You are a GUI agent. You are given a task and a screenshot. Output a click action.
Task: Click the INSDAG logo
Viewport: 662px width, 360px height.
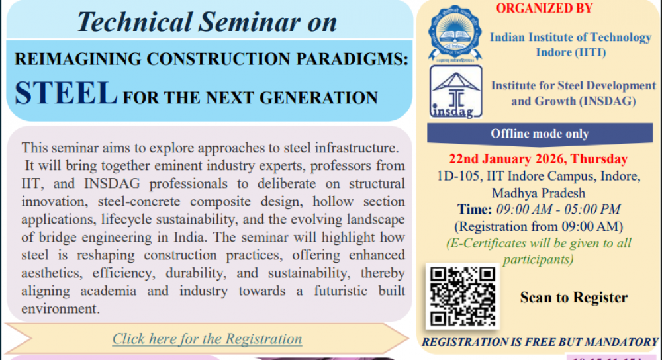(x=452, y=93)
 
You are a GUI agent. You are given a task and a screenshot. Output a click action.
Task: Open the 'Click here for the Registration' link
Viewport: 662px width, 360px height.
(x=207, y=339)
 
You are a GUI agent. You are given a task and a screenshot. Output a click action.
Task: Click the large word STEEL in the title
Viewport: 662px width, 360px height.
(x=66, y=94)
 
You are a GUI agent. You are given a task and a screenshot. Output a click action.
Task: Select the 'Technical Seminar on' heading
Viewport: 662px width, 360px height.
(x=207, y=22)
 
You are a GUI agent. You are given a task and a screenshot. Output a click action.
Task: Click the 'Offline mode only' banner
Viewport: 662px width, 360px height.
(x=540, y=134)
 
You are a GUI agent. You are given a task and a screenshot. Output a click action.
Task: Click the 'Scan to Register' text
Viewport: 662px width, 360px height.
(x=573, y=298)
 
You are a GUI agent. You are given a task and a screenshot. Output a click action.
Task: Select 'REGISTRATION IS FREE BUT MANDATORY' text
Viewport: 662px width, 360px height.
(x=540, y=342)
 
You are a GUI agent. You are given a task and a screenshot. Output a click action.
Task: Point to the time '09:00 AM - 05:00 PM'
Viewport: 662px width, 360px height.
(x=558, y=210)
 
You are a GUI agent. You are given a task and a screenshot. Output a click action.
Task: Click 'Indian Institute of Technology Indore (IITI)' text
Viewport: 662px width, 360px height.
(x=570, y=44)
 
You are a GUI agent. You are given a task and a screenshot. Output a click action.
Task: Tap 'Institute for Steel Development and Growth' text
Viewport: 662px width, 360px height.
(x=573, y=93)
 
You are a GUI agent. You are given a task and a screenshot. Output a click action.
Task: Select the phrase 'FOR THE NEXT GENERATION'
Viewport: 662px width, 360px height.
(x=250, y=98)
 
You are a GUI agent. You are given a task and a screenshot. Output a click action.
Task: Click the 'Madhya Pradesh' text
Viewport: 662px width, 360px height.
(x=538, y=193)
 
